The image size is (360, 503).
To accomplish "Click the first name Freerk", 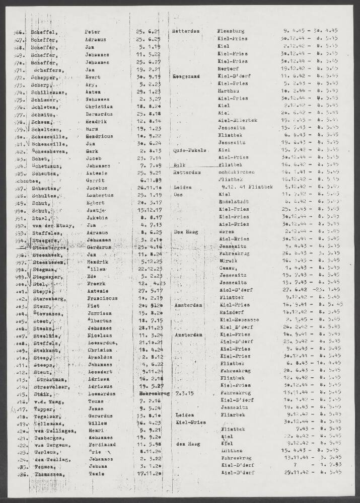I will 95,283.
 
